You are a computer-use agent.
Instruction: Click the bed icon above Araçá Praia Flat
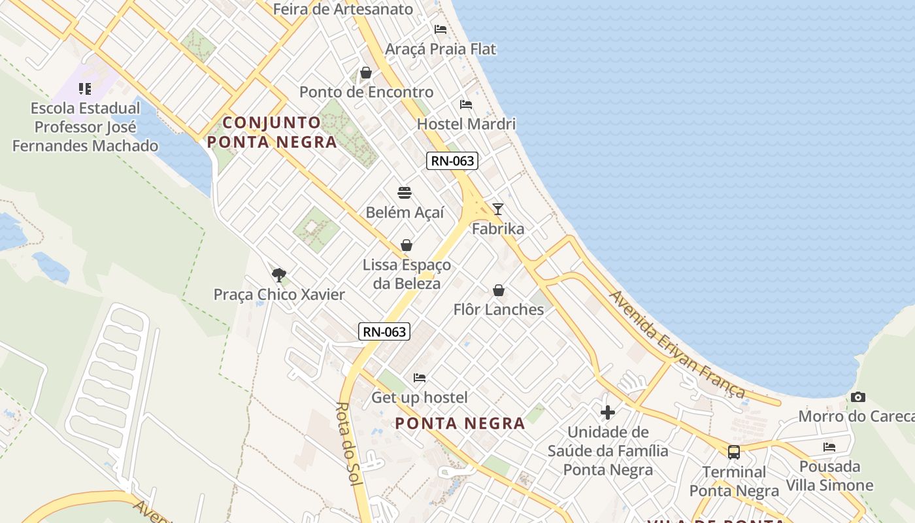pos(441,29)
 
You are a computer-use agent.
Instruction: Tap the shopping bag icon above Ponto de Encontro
pos(366,73)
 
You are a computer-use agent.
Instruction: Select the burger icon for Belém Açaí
pos(405,193)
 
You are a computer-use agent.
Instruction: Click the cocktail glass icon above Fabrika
pos(498,209)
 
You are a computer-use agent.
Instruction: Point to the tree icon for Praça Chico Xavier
pos(279,275)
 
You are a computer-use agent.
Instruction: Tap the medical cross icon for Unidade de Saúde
pos(608,413)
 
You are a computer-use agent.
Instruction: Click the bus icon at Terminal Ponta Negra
pos(734,452)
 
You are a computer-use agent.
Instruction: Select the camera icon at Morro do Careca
pos(858,397)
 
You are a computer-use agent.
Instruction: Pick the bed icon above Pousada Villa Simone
pos(829,447)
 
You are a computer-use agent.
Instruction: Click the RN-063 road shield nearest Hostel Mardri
pos(452,161)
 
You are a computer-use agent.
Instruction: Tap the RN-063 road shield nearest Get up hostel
pos(384,331)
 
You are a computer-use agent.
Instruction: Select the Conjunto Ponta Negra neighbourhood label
pos(272,132)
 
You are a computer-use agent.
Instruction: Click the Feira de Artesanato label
pos(343,9)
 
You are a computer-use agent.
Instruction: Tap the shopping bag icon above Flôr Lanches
pos(499,290)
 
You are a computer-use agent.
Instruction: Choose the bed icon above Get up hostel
pos(420,378)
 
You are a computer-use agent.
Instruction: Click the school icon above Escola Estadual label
pos(85,89)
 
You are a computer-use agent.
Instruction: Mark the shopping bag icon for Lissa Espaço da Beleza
pos(407,245)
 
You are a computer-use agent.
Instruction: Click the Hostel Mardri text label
pos(466,124)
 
